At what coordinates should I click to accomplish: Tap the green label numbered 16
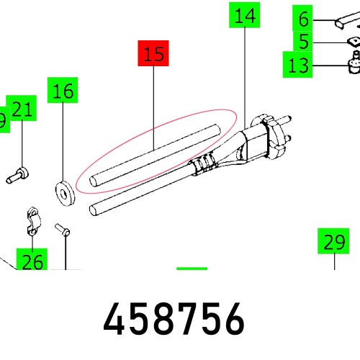63,92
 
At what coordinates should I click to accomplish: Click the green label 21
22,110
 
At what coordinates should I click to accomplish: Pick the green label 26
32,261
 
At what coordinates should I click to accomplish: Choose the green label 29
334,243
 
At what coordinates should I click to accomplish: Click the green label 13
297,66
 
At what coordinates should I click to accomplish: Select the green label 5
304,41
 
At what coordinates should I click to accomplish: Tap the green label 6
304,17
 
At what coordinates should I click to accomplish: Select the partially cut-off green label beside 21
3,121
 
